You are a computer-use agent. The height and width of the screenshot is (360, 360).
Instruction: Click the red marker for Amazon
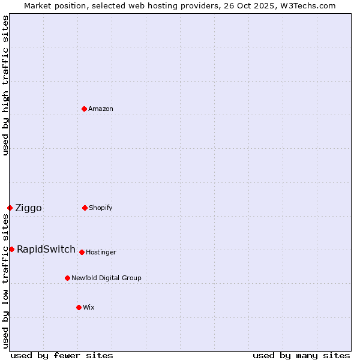(84, 109)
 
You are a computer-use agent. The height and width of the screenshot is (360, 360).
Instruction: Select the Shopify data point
(85, 208)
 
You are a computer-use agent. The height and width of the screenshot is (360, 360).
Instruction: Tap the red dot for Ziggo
(10, 208)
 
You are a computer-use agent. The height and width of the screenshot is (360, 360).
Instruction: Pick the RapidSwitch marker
(11, 249)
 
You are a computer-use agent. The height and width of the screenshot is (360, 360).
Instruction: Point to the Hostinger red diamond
(82, 252)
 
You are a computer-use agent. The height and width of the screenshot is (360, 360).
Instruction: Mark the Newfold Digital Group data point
(67, 278)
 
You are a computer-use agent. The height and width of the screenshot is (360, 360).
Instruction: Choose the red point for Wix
(79, 307)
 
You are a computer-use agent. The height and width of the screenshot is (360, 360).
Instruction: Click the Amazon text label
(101, 109)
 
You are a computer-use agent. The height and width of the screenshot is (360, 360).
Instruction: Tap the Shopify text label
(101, 208)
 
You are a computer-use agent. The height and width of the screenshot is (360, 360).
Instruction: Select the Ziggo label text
(28, 208)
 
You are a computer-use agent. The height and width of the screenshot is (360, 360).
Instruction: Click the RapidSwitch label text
(46, 250)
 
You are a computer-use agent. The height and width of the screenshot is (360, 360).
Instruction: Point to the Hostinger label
(101, 252)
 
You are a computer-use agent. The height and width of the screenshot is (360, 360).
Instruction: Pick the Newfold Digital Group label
(106, 278)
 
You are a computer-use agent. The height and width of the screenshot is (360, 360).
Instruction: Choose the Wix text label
(89, 307)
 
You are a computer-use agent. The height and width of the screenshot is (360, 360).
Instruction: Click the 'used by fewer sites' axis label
(61, 356)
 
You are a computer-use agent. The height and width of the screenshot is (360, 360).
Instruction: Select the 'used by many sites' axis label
(301, 356)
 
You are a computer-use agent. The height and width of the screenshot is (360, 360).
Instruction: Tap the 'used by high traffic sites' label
(5, 85)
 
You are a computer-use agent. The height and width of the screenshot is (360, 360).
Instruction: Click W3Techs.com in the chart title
(307, 5)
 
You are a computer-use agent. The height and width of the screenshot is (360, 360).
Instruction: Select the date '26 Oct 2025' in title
(245, 5)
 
